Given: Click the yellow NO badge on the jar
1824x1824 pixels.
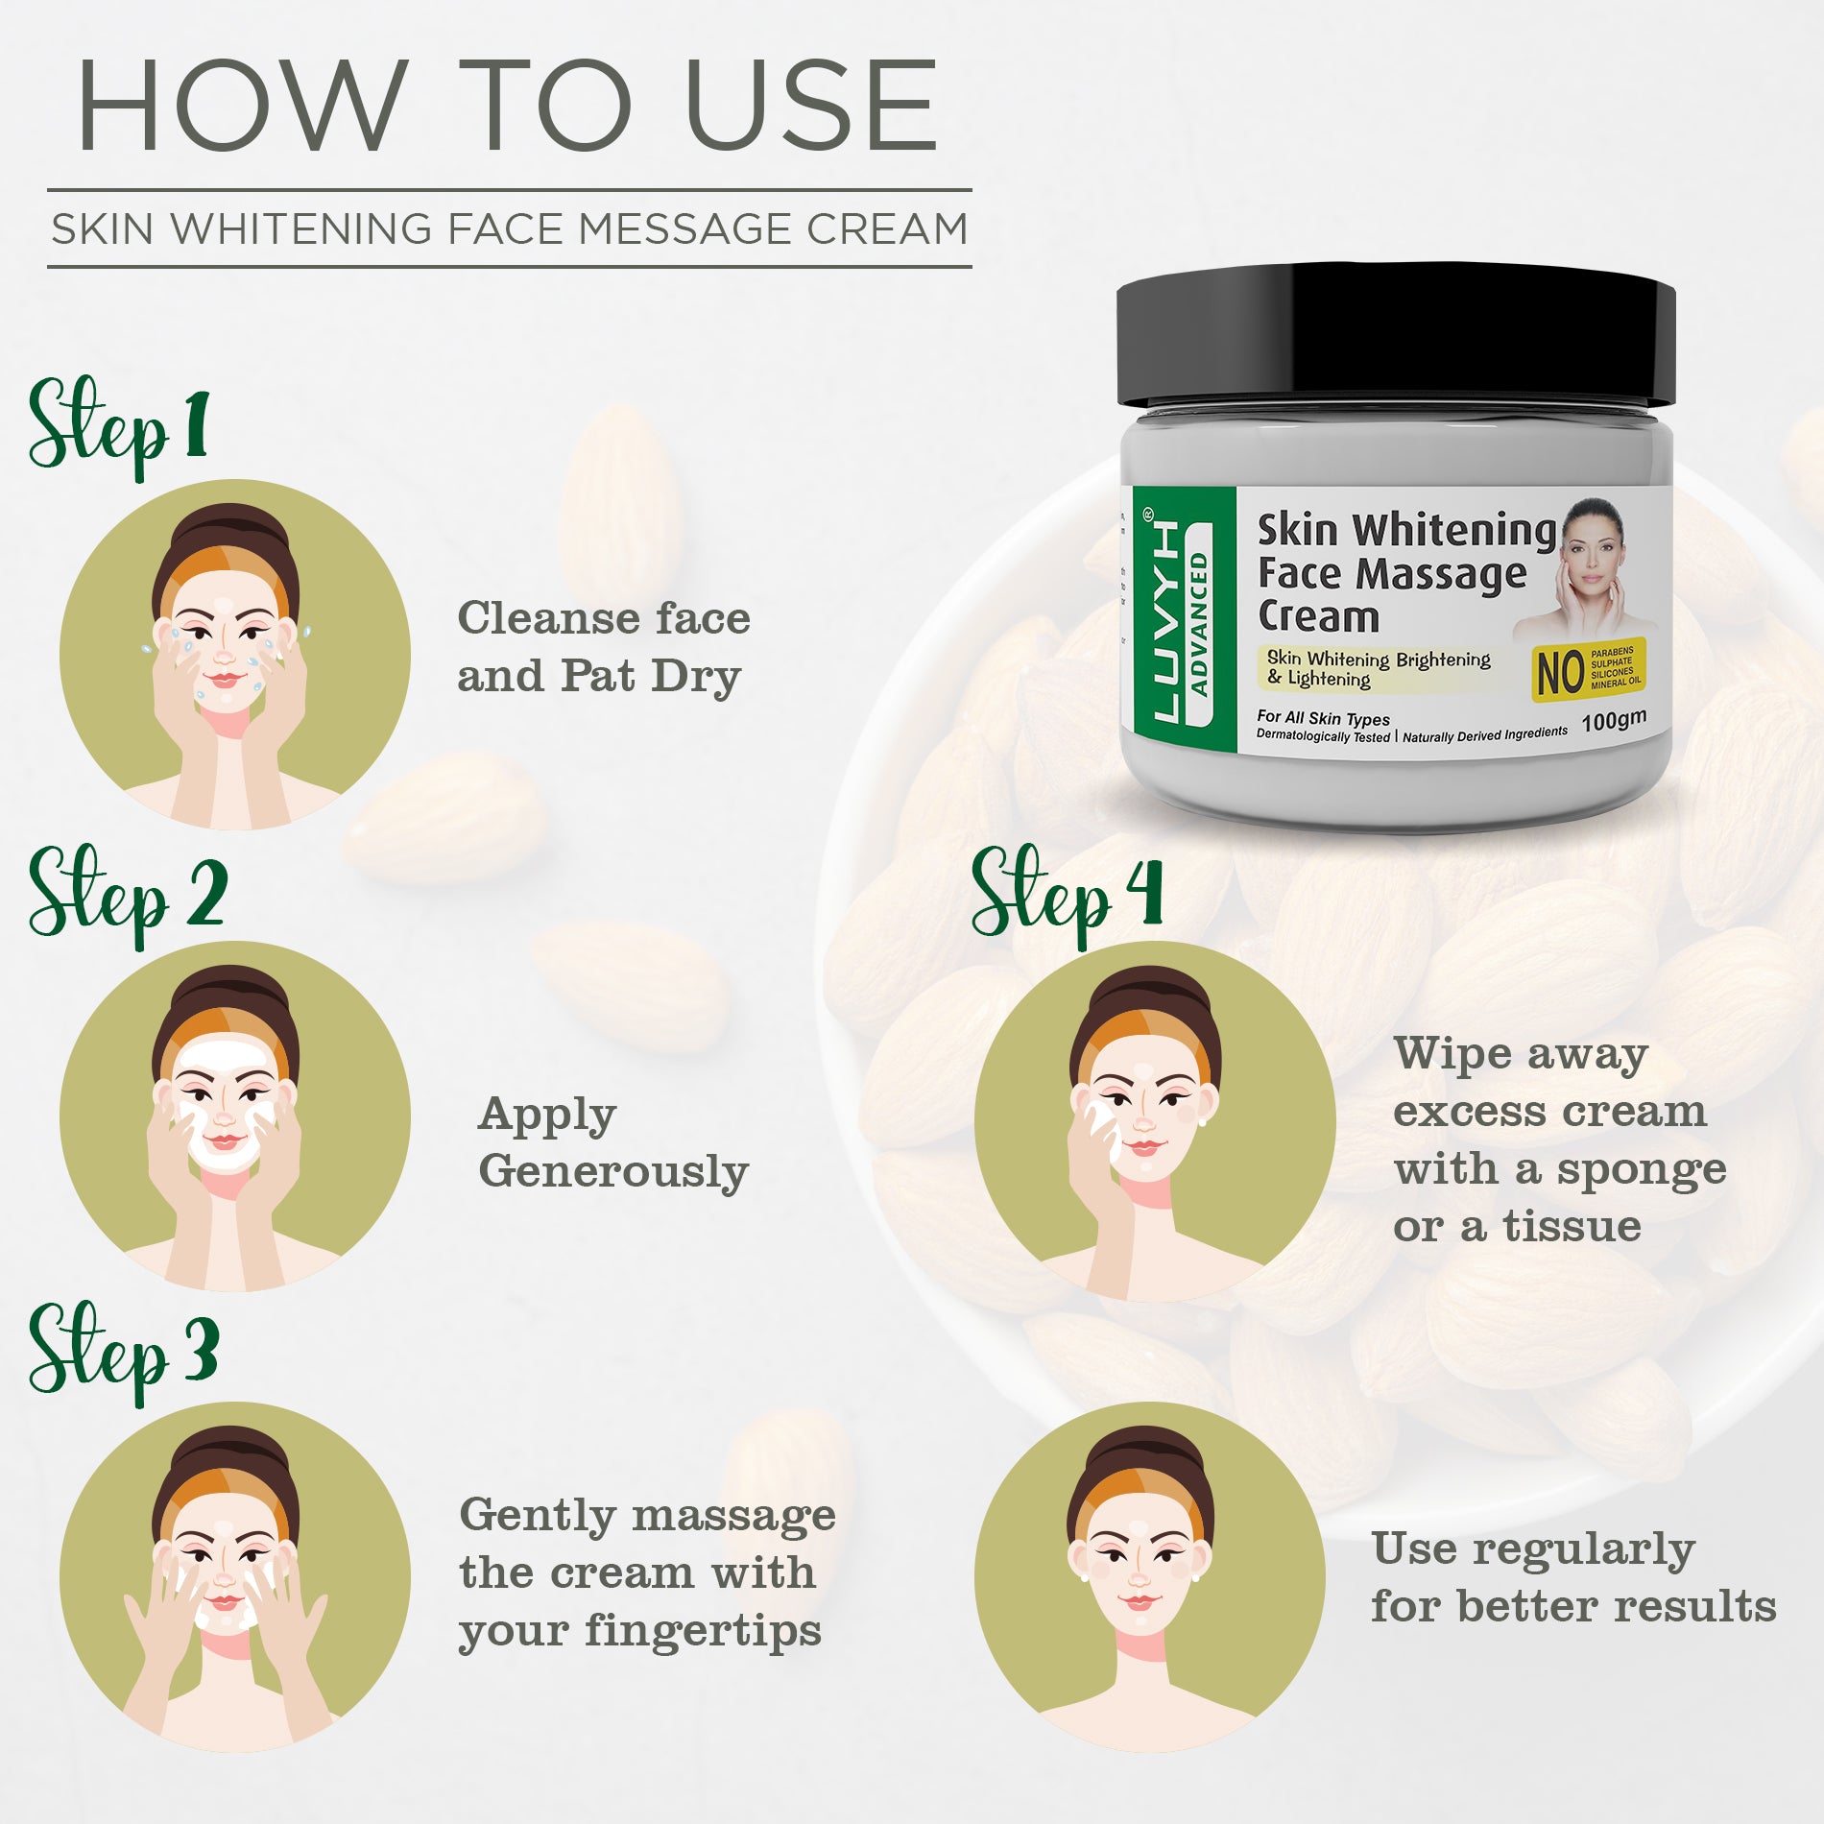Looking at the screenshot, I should tap(1588, 669).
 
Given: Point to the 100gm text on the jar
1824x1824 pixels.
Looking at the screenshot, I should tap(1614, 720).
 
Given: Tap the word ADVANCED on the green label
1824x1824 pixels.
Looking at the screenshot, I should tap(1198, 623).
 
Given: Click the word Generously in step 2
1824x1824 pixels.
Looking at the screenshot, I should tap(612, 1173).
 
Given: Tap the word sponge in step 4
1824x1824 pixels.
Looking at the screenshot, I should tap(1641, 1170).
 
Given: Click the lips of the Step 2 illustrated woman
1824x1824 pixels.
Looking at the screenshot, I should tap(225, 1140).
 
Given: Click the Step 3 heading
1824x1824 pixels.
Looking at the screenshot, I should tap(123, 1354).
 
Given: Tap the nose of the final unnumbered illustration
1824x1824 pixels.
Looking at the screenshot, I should tap(1140, 1579).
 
